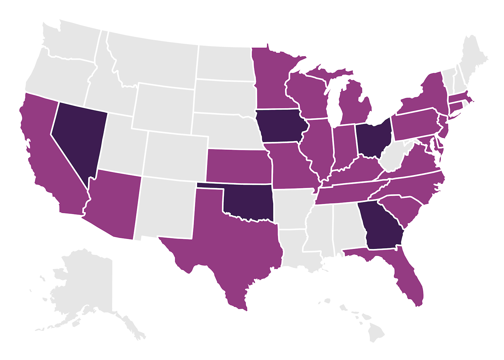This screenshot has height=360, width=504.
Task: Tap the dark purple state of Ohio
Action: (373, 139)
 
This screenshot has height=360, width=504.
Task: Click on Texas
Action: (233, 249)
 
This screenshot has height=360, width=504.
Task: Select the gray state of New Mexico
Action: (165, 208)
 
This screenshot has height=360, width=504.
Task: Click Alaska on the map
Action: (85, 283)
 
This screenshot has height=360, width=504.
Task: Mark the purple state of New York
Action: (432, 94)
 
